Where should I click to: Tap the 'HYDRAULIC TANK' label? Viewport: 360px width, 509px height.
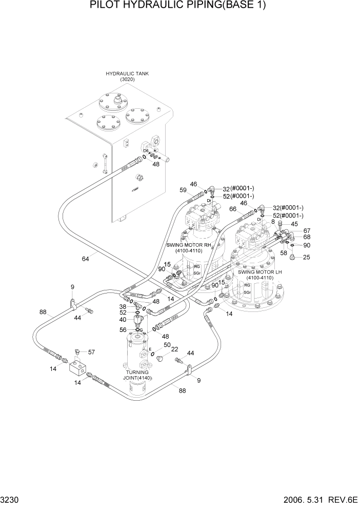coord(127,74)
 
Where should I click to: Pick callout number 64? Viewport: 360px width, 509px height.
coord(85,259)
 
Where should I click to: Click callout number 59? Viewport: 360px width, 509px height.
coord(183,190)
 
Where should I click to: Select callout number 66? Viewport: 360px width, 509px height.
coord(233,209)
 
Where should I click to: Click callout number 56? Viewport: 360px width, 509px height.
coord(123,330)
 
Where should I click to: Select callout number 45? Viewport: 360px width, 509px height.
coord(294,224)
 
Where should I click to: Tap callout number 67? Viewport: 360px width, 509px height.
coord(307,230)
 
